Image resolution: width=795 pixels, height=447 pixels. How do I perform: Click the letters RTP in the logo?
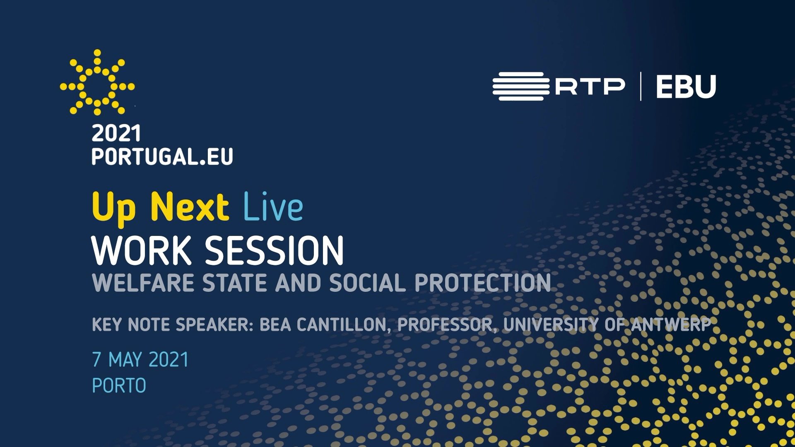coord(590,87)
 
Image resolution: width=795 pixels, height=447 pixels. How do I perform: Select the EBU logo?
coord(686,87)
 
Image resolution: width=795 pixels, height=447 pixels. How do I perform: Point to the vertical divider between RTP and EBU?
coord(641,86)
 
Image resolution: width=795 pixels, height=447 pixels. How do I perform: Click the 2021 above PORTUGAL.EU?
coord(116,134)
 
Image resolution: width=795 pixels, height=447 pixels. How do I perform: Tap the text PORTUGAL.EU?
coord(162,157)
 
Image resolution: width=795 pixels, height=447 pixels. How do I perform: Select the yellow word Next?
coord(190,206)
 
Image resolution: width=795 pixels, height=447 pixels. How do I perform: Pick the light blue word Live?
coord(273,206)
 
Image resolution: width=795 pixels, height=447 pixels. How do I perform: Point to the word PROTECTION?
coord(483,283)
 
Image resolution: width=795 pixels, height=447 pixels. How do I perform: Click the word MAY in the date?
coord(125,360)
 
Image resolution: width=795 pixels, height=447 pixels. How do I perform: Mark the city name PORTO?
coord(119,386)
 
